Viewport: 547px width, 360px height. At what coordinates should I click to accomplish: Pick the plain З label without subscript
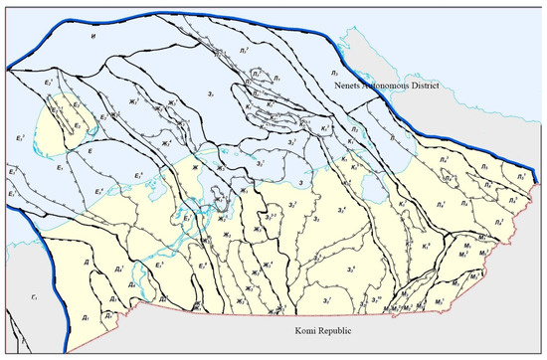tap(300, 183)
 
